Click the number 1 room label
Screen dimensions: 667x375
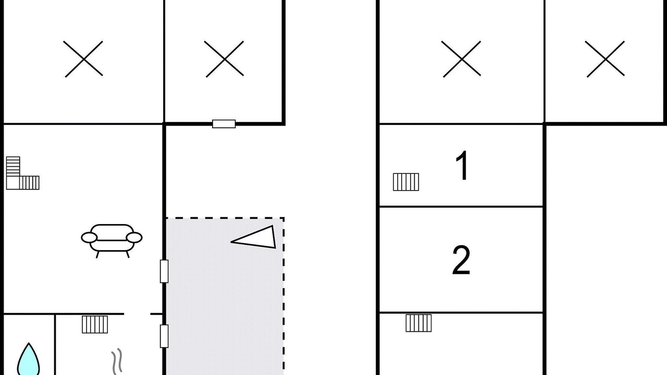(462, 165)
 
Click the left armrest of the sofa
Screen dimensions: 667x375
(89, 238)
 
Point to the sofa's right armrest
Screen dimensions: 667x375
(134, 238)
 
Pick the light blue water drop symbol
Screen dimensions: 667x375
(28, 359)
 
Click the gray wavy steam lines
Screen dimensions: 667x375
(117, 361)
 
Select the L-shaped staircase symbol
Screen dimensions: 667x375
(22, 173)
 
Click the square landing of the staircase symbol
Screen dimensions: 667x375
(13, 183)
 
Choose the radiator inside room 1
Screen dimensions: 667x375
(406, 182)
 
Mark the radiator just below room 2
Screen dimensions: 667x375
(418, 323)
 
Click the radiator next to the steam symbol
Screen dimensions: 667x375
(95, 324)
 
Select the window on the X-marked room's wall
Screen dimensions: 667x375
(224, 124)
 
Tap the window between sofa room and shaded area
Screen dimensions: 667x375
(164, 271)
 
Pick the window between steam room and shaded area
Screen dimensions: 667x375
(164, 336)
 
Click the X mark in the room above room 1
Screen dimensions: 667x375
(462, 59)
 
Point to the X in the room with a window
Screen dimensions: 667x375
(225, 59)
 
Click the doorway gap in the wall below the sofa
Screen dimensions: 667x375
(137, 314)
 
